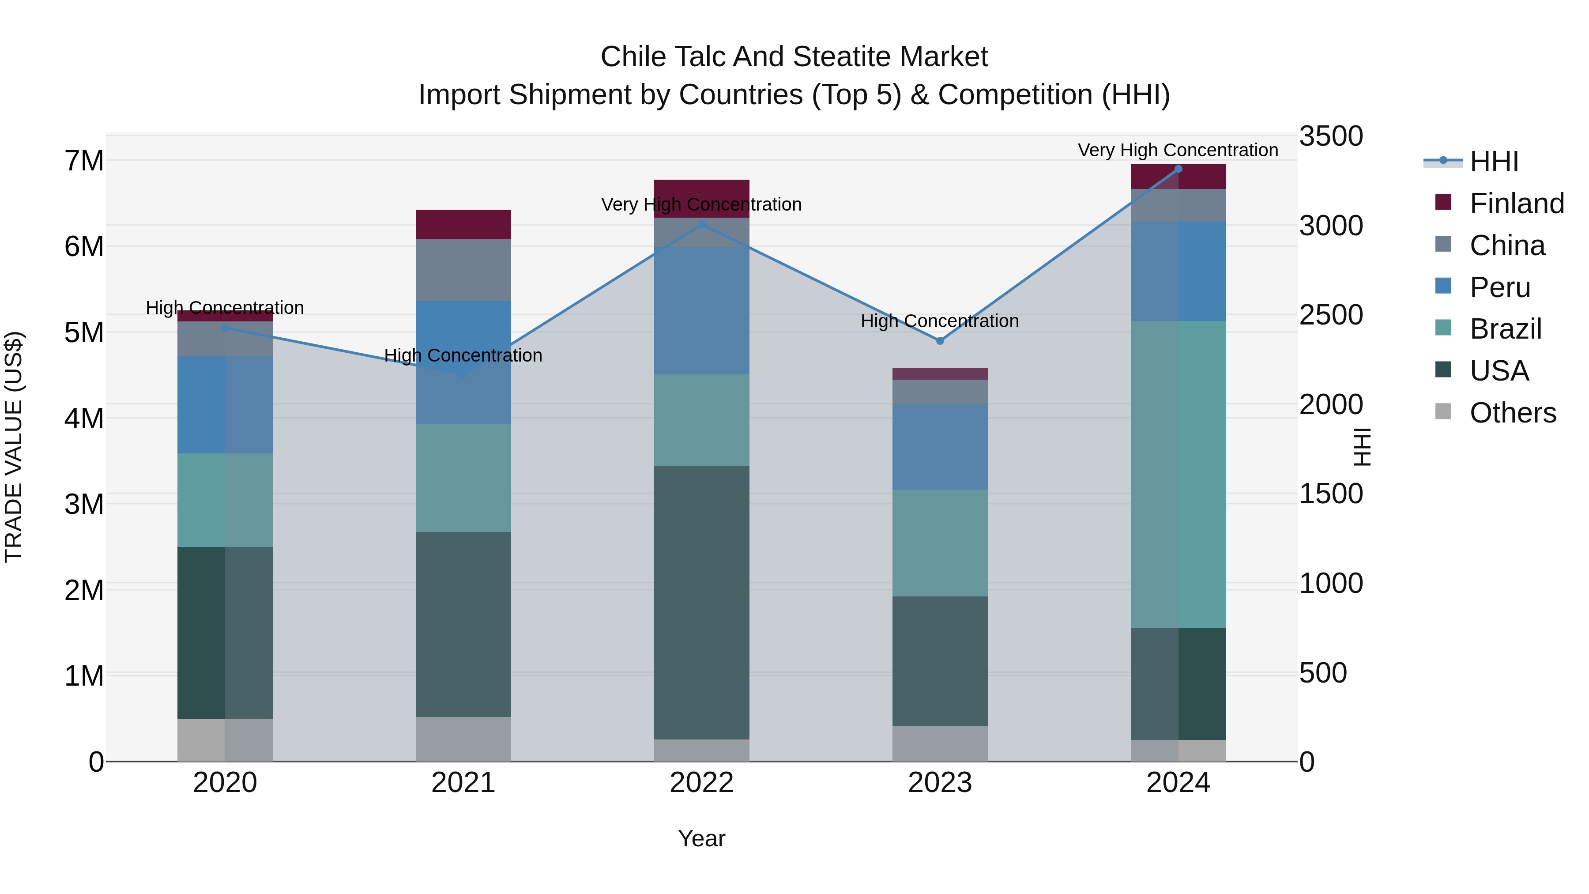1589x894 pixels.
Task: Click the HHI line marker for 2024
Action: pos(1178,169)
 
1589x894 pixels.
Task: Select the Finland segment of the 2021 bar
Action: pos(463,224)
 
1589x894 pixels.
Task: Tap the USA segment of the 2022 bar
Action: pos(701,602)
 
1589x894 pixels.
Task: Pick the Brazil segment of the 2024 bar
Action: pos(1178,474)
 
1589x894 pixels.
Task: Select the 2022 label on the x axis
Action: pos(701,782)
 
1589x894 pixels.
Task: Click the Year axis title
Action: pos(701,838)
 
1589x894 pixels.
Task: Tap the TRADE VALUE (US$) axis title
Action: pos(14,447)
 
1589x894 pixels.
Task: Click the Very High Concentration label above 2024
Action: pos(1178,150)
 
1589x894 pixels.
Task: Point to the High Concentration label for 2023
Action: pos(939,321)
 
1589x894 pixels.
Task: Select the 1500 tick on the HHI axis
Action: pos(1330,493)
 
